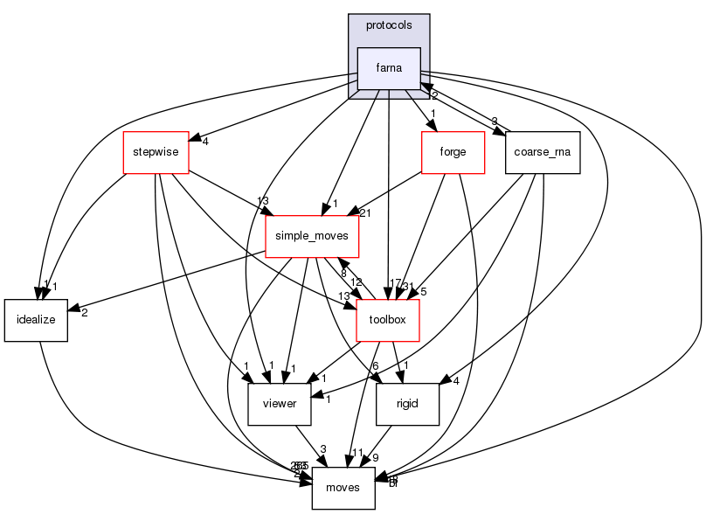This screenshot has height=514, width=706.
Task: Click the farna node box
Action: coord(389,68)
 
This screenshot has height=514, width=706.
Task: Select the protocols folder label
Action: coord(389,25)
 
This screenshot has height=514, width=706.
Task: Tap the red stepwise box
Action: coord(156,152)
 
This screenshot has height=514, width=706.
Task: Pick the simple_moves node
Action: coord(312,236)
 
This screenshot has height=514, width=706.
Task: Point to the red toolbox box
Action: coord(388,320)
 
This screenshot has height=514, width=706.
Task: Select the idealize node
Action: coord(36,320)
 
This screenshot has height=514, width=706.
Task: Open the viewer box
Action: coord(280,404)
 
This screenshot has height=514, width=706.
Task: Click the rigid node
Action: coord(407,404)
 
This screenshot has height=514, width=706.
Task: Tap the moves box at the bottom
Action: coord(343,488)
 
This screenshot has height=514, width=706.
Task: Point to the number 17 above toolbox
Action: coord(395,283)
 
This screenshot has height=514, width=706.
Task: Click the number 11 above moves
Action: coord(356,453)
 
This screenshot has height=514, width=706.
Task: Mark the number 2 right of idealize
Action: coord(84,313)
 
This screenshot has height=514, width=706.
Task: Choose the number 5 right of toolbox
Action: coord(422,293)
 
